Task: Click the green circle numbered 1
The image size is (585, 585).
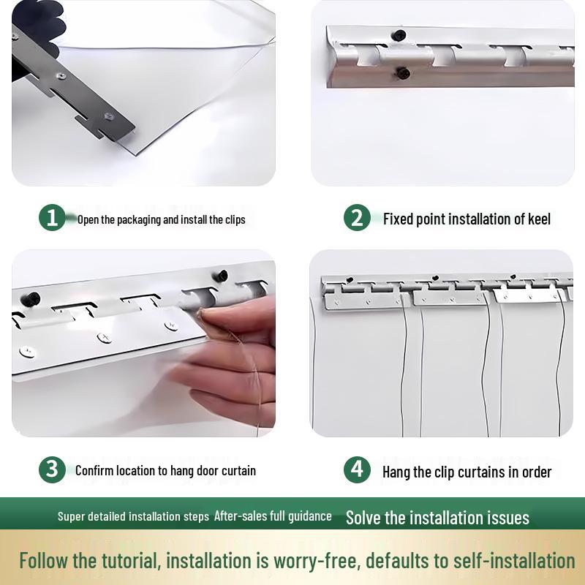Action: coord(52,217)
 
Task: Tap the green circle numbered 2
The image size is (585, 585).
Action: coord(357,217)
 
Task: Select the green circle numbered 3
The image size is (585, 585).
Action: coord(52,469)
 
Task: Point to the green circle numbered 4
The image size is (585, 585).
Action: coord(357,469)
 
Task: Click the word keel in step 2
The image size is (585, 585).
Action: coord(539,219)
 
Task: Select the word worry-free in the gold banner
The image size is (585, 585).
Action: coord(317,562)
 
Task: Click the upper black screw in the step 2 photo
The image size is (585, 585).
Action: coord(398,35)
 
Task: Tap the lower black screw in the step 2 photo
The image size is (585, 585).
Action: coord(403,73)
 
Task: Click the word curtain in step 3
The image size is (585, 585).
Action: coord(239,470)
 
